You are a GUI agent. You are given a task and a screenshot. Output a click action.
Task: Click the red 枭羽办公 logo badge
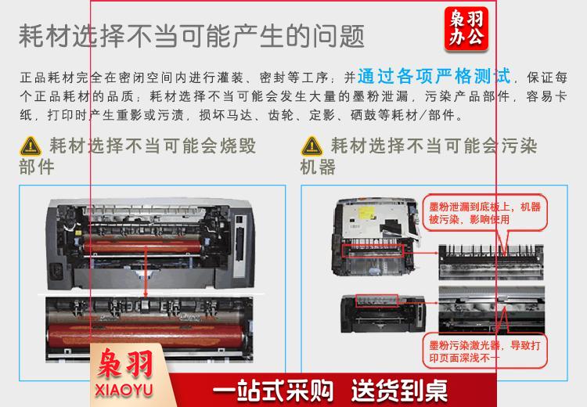tap(466, 29)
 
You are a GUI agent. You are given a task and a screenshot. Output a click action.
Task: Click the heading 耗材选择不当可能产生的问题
tap(192, 36)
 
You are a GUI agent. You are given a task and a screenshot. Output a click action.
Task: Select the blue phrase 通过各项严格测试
tap(434, 76)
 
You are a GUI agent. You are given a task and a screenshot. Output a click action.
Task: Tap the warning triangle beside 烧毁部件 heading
tap(31, 146)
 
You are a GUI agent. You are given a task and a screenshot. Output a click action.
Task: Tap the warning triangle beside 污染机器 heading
tap(312, 146)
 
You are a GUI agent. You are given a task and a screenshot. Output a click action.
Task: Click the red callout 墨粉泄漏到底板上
tap(484, 213)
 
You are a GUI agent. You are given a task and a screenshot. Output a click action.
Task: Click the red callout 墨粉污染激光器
tap(484, 351)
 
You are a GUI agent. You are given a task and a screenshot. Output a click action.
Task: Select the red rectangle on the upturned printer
tap(373, 251)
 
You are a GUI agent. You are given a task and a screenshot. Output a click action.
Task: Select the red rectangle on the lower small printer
tap(376, 301)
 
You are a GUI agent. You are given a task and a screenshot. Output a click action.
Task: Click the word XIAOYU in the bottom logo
tap(124, 390)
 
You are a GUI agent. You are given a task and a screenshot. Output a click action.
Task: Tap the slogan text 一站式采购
tap(273, 391)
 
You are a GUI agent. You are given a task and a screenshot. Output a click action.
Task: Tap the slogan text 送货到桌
tap(399, 391)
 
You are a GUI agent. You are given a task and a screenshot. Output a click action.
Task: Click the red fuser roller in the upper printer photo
tap(142, 246)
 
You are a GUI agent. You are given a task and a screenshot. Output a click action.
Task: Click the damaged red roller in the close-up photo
tap(147, 336)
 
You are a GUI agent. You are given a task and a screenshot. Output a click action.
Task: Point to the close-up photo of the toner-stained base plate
tap(491, 262)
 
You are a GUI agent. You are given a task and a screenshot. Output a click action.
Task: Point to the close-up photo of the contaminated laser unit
tap(492, 309)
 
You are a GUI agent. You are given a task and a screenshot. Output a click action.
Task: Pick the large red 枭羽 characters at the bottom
tap(125, 363)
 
